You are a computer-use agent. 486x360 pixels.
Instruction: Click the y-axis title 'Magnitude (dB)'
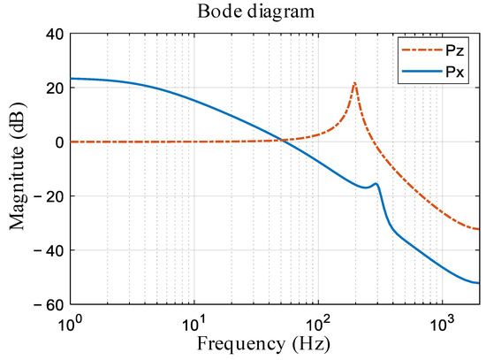tap(19, 169)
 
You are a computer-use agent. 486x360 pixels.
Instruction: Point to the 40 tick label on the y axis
tap(52, 34)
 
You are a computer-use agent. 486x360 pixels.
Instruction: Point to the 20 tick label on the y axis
tap(52, 88)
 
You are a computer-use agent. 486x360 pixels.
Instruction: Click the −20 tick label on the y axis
tap(48, 196)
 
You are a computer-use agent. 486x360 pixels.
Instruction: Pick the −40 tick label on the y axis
tap(48, 250)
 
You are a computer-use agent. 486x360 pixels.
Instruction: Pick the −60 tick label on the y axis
tap(48, 304)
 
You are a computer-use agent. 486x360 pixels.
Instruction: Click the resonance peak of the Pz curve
tap(354, 83)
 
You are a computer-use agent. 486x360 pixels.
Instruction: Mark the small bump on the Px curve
tap(376, 184)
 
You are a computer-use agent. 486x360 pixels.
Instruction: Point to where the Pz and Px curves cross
tap(280, 140)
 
